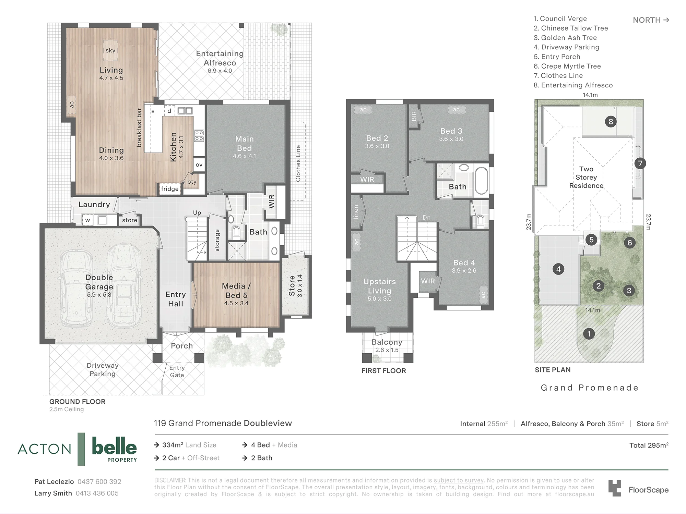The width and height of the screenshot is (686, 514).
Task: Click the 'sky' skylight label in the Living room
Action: coord(110,51)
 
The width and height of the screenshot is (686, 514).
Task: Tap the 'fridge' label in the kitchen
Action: coord(170,189)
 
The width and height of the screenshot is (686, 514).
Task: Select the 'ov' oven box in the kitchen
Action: coord(199,165)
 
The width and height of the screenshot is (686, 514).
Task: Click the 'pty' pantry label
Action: coord(192,182)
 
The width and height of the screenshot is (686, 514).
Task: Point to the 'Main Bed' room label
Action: coord(245,144)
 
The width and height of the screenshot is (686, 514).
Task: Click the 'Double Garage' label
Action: coord(99,282)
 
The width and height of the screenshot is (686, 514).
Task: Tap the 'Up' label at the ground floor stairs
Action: coord(197,213)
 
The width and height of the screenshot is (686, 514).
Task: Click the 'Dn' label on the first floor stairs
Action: coord(427,218)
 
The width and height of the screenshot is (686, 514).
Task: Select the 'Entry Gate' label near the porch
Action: coord(177,371)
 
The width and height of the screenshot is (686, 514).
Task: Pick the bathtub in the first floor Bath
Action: coord(482,181)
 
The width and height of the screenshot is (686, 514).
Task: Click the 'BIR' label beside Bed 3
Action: coord(414,116)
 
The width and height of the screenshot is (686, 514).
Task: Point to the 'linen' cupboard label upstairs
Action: coord(356,212)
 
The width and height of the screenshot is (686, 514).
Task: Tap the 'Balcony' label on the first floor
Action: coord(387,342)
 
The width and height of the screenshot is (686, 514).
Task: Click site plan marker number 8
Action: coord(611,121)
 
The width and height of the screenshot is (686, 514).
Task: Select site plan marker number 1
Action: coord(589,333)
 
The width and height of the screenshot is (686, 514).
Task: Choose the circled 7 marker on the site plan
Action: coord(640,163)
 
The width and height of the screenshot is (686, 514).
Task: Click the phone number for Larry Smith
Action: coord(97,493)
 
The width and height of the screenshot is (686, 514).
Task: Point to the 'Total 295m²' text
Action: coord(649,445)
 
